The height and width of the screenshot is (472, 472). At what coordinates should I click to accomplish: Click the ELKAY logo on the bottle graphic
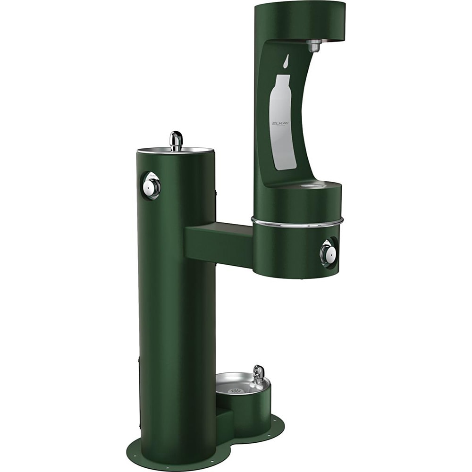(282, 124)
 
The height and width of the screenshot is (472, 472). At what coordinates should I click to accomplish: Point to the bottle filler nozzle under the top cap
(313, 46)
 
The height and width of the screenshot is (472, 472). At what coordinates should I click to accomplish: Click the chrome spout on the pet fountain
(258, 374)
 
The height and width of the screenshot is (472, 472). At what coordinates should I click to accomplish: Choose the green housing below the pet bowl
(250, 408)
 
